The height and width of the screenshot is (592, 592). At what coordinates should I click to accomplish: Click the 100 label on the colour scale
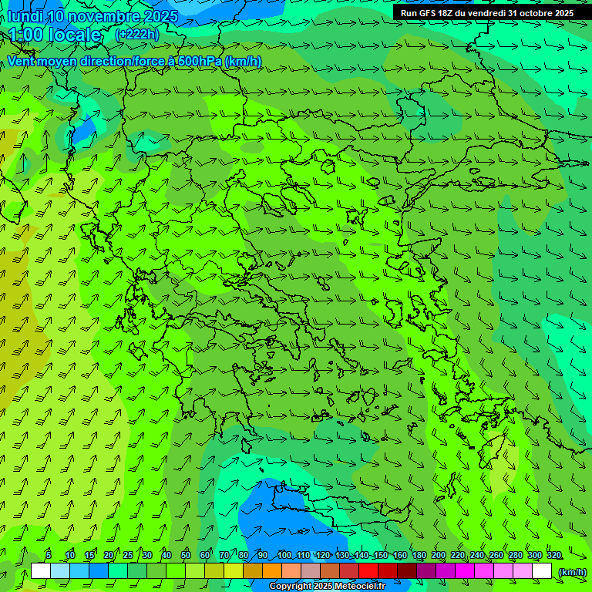[284, 556]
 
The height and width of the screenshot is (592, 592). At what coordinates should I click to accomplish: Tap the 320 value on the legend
[554, 556]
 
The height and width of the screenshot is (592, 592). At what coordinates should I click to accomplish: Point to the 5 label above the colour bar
[49, 556]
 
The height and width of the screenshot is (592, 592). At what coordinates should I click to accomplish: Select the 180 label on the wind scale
[419, 556]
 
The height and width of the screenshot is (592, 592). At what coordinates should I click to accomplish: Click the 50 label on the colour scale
[185, 556]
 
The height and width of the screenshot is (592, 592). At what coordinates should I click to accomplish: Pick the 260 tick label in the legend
[496, 556]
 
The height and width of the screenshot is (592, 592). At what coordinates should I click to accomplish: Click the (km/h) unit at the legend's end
[572, 571]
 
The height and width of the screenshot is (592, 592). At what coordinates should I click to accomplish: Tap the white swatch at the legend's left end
[41, 571]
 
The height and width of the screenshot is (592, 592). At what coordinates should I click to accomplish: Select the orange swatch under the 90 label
[272, 571]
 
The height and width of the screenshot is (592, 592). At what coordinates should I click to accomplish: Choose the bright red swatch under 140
[368, 571]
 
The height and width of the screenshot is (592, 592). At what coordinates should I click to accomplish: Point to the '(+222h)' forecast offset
[136, 34]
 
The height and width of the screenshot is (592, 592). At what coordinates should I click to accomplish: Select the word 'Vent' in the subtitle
[21, 61]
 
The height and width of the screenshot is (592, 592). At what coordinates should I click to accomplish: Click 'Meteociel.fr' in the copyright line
[360, 587]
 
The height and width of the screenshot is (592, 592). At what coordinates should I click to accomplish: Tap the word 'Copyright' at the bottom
[290, 587]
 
